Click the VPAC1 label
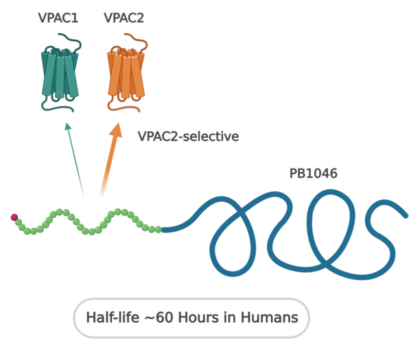pos(58,18)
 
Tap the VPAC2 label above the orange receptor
pos(124,18)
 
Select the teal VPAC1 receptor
pos(60,73)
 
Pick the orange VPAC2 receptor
pos(126,73)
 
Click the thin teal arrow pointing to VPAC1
pos(75,160)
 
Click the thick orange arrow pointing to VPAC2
pos(110,160)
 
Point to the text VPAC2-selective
pos(188,136)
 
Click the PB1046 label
pos(314,173)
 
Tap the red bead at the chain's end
pos(14,217)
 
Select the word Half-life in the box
pos(113,317)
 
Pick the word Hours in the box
pos(199,317)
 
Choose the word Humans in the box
pos(269,317)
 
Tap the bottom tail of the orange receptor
pos(123,108)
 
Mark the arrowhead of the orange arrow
pos(117,130)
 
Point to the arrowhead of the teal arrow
pos(68,126)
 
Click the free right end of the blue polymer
pos(405,216)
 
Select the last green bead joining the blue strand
pos(158,230)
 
